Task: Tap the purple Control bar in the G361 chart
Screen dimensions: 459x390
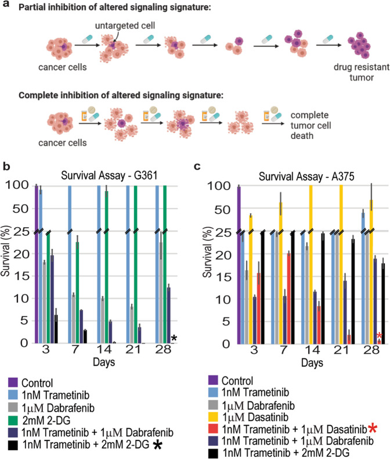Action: (36, 261)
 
